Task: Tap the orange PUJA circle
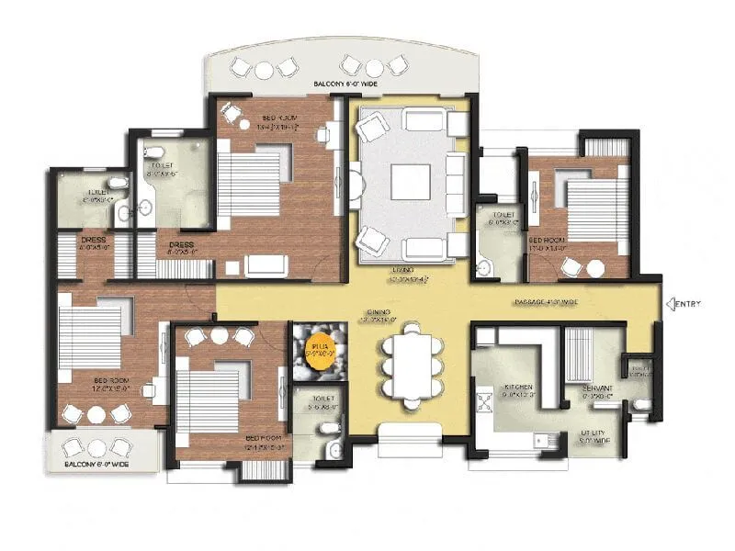pos(322,353)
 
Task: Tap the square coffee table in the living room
pos(410,181)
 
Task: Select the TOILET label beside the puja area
pos(316,398)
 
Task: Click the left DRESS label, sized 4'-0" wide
pos(94,242)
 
